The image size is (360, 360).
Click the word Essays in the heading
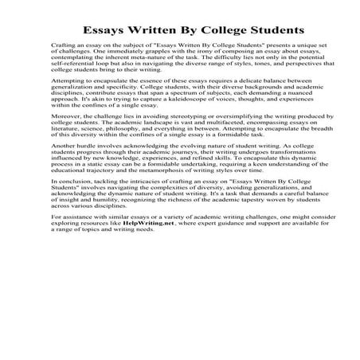tap(103, 32)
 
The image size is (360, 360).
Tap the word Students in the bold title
tap(250, 32)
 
